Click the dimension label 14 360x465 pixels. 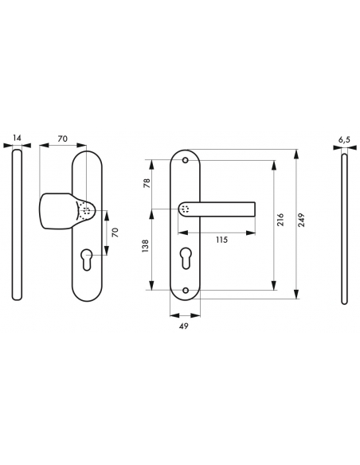pos(17,138)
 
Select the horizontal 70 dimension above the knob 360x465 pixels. pos(62,138)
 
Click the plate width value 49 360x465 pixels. pos(185,325)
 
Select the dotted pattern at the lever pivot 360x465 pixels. pos(185,209)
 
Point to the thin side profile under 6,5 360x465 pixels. pos(343,227)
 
